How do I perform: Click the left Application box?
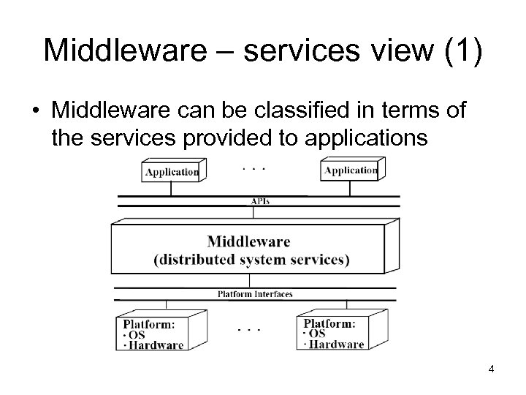pos(171,172)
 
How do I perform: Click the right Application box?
pos(351,170)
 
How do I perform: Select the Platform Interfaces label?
pos(255,294)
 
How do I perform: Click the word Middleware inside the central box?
pos(248,242)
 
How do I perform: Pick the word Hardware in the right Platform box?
pos(336,345)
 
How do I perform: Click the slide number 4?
pos(492,369)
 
